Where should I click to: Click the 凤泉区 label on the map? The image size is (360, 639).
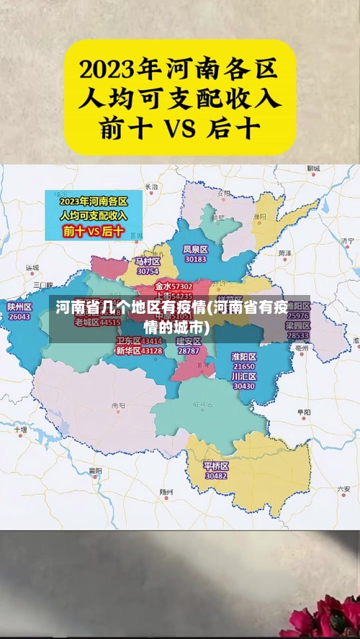(196, 249)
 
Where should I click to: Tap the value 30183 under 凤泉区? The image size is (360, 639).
(196, 259)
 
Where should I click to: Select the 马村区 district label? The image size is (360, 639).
(148, 261)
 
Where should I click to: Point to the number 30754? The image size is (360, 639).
(148, 271)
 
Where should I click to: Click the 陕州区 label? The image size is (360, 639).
(19, 307)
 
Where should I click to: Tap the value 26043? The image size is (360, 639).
(19, 317)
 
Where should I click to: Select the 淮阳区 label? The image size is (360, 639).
(244, 357)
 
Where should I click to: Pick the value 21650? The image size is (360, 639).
(244, 367)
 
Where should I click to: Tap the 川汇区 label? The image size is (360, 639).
(244, 376)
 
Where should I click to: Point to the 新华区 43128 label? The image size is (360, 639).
(139, 351)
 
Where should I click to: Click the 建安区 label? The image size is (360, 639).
(189, 341)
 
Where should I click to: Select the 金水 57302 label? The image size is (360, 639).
(173, 286)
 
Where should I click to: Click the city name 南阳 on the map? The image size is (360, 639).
(118, 407)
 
